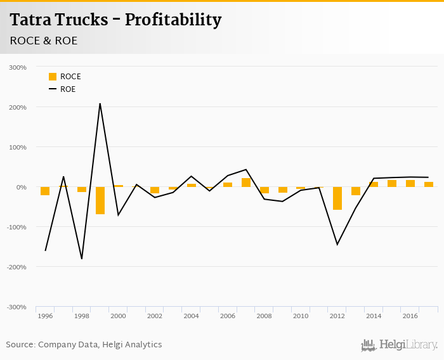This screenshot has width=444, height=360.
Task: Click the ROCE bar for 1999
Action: click(x=100, y=200)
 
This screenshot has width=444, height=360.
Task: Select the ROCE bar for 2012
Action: click(x=337, y=198)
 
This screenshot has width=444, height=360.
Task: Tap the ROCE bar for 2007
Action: click(x=246, y=183)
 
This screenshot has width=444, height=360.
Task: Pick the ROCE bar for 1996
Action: click(x=45, y=191)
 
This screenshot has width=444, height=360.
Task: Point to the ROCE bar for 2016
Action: click(x=410, y=184)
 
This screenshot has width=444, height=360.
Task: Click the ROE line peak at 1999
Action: click(x=100, y=103)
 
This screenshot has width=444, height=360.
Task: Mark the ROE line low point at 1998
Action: click(x=82, y=259)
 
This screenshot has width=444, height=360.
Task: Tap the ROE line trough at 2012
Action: click(x=337, y=245)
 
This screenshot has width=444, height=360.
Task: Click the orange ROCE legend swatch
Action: click(x=53, y=77)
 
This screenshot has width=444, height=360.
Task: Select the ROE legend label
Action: click(x=68, y=89)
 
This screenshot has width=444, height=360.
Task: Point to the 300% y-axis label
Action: click(x=18, y=67)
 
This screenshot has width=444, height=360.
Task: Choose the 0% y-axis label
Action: click(x=21, y=187)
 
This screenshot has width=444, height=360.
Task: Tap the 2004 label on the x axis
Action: click(x=191, y=316)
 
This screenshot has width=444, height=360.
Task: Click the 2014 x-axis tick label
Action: click(x=374, y=316)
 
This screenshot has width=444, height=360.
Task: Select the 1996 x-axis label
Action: click(x=45, y=316)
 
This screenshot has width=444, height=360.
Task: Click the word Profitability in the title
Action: click(x=173, y=20)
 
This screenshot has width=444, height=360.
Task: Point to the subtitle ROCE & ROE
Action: click(x=43, y=41)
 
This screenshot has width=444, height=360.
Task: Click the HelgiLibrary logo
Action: click(x=400, y=345)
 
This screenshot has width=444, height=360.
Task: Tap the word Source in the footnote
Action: click(x=20, y=345)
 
